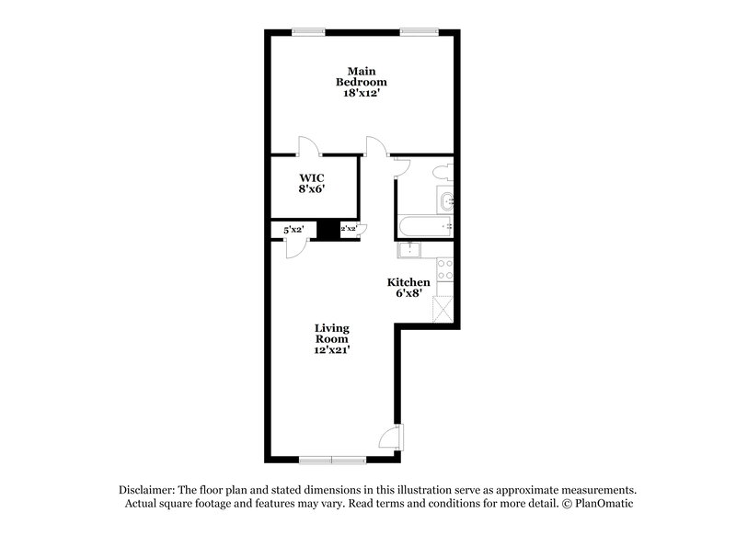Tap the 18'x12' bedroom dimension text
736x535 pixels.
coord(360,94)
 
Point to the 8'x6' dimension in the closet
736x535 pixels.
coord(310,188)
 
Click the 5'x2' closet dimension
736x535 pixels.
coord(293,230)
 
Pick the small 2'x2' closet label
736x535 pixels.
coord(349,230)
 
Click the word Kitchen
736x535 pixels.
coord(407,282)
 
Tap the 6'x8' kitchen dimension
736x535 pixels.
coord(407,294)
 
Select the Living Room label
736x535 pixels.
coord(331,333)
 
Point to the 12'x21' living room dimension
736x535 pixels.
coord(331,349)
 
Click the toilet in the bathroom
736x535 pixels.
coord(443,171)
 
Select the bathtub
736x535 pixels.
coord(424,226)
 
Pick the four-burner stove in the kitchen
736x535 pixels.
coord(444,269)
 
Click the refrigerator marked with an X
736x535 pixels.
coord(444,308)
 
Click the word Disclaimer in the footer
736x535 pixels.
coord(148,490)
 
